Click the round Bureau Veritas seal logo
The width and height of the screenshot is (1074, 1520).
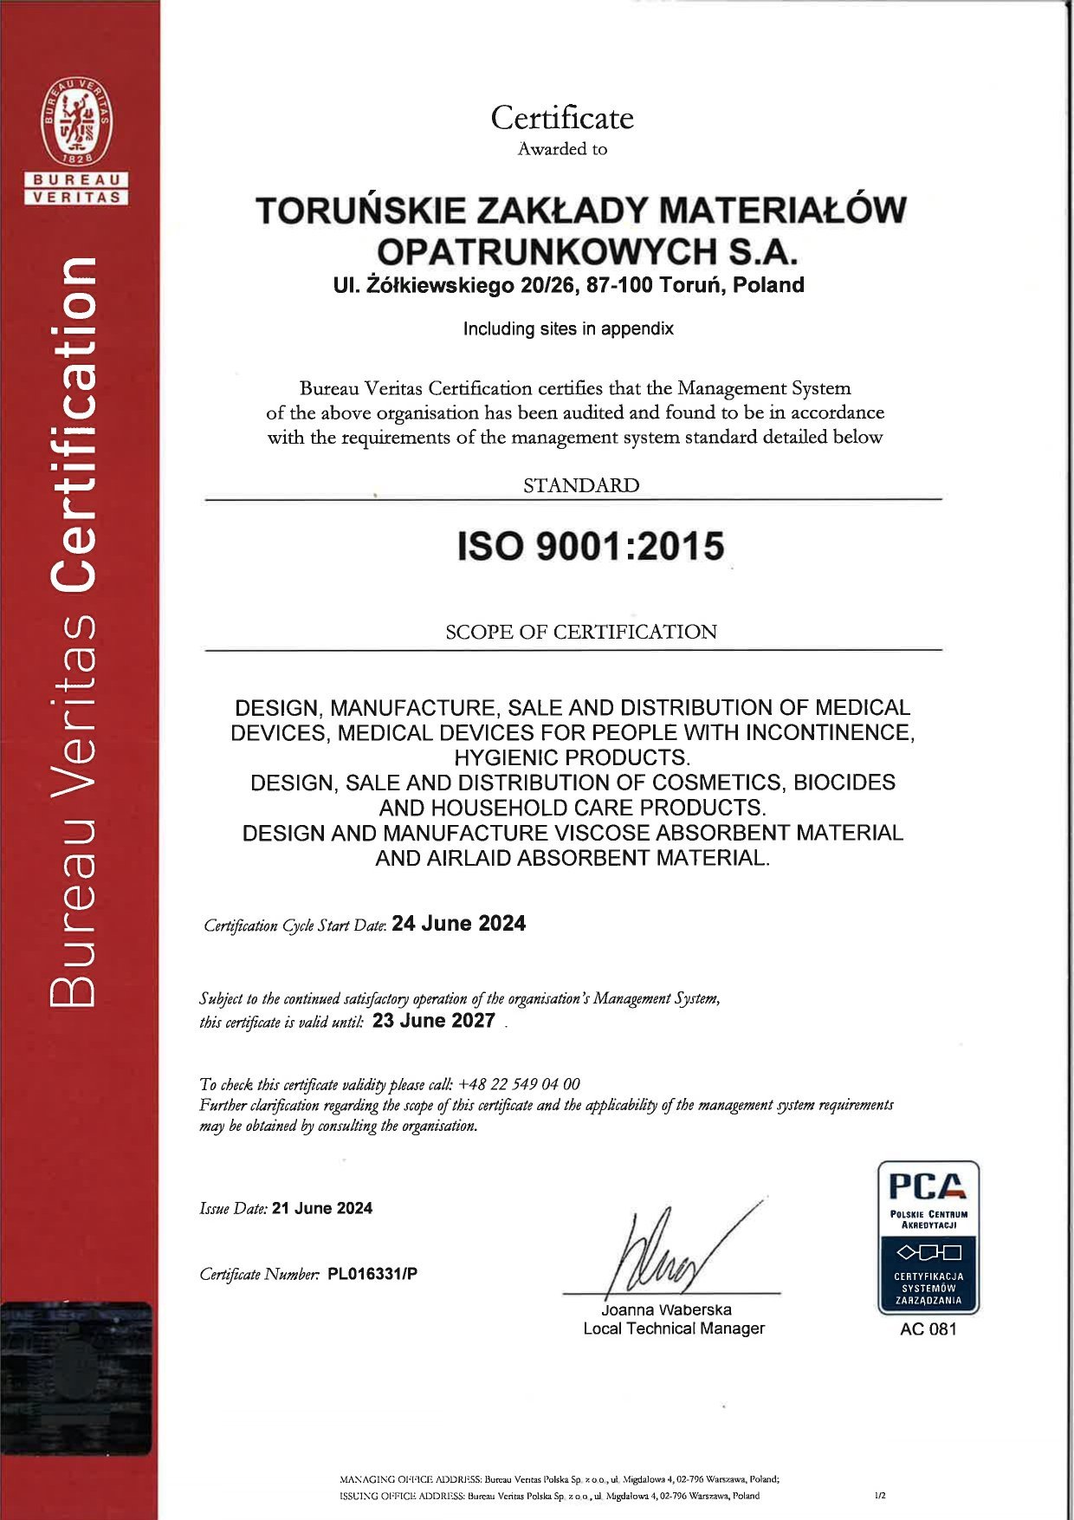tap(77, 121)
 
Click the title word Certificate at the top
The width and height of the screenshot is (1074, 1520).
tap(562, 118)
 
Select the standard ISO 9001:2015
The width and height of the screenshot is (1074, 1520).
tap(591, 547)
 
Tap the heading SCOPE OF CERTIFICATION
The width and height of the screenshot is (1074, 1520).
tap(581, 632)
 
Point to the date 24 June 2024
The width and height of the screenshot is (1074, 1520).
tap(458, 924)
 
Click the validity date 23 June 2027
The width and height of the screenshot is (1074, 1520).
tap(433, 1021)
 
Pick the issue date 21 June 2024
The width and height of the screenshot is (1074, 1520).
tap(322, 1208)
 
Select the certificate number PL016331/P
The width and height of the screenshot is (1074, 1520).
tap(372, 1274)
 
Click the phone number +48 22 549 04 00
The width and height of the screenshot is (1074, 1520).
tap(519, 1084)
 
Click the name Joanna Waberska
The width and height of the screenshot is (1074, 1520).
tap(666, 1309)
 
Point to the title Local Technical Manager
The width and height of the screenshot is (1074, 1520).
tap(674, 1328)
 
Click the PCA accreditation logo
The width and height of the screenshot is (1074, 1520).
tap(928, 1237)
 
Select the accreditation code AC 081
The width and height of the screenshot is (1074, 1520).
tap(928, 1329)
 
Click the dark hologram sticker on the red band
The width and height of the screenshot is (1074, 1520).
tap(76, 1378)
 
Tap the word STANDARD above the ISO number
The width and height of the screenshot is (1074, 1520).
tap(581, 485)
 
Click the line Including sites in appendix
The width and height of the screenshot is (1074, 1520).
tap(568, 328)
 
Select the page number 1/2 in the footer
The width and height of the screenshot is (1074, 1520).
tap(880, 1495)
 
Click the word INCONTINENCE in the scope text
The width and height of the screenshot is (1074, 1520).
tap(829, 733)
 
